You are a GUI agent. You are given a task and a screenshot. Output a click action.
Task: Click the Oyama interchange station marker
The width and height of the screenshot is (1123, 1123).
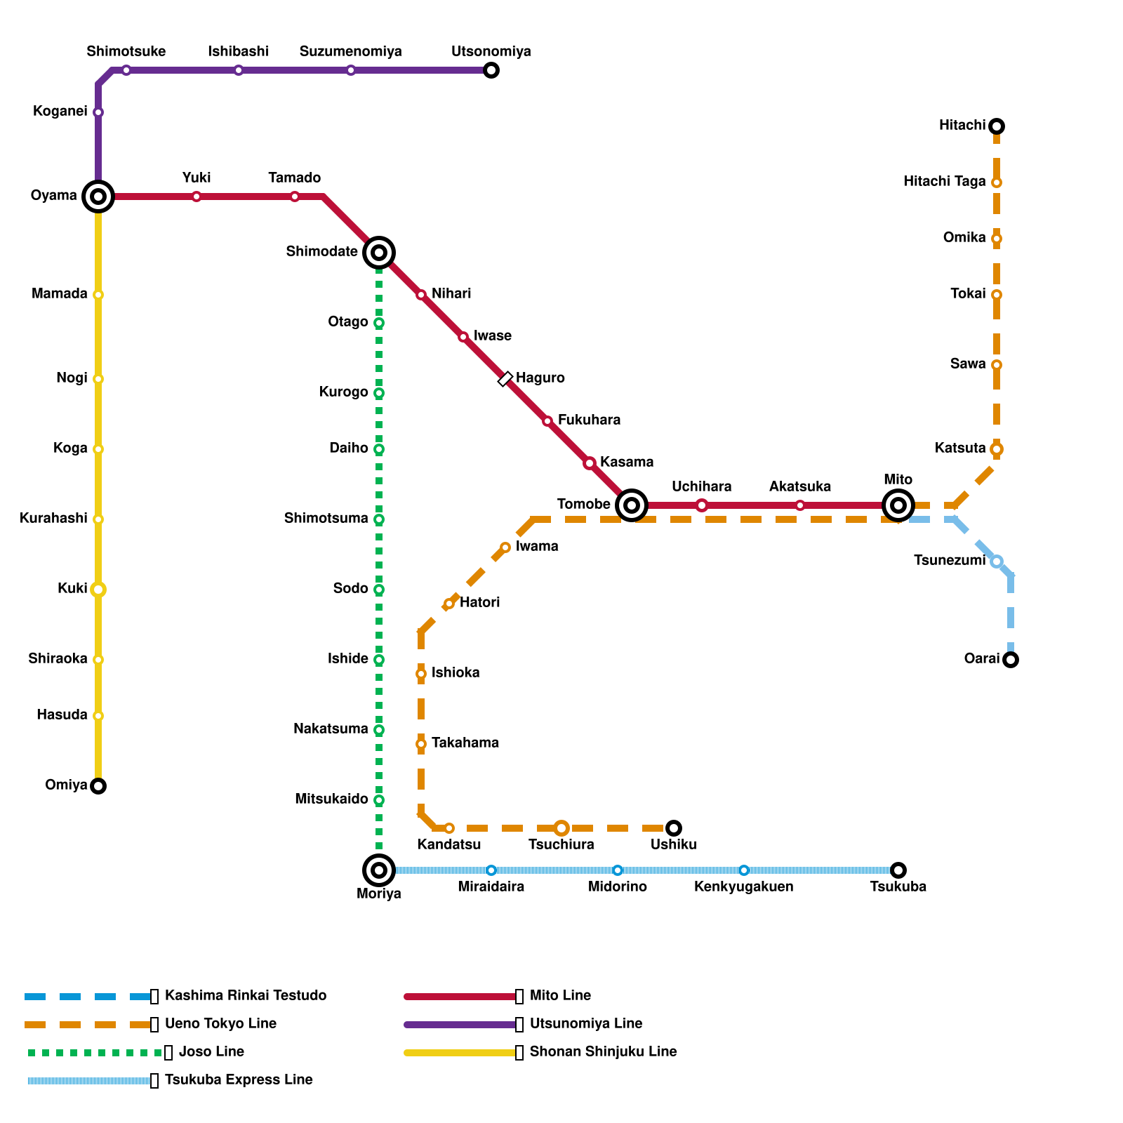(x=98, y=197)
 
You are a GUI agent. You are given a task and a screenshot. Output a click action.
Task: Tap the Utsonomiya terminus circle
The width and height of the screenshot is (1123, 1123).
(x=491, y=70)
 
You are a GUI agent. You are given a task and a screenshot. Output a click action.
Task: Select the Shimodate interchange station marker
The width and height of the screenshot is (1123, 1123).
(x=379, y=253)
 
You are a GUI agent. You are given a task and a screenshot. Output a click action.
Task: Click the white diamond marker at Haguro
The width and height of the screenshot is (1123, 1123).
(x=505, y=379)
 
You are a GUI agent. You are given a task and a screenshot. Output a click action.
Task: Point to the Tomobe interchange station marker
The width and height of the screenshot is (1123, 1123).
(x=632, y=505)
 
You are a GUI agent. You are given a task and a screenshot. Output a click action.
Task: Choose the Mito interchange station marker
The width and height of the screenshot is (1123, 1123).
(x=898, y=505)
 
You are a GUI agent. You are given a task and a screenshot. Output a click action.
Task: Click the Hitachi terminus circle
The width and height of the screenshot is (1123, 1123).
(x=997, y=126)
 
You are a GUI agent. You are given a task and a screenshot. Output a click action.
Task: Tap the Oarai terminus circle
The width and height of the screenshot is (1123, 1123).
(x=1011, y=660)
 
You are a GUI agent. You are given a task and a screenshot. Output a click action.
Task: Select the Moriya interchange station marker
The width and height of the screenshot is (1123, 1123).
(x=379, y=870)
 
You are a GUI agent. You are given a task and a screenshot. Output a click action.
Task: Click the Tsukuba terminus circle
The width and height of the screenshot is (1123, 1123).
(x=898, y=870)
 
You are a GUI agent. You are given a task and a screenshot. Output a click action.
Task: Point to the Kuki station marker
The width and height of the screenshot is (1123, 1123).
(x=98, y=590)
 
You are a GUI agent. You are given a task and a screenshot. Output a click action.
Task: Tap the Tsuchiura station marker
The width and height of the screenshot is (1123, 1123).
(x=561, y=828)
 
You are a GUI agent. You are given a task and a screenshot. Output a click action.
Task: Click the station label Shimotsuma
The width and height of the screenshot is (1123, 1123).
(x=326, y=519)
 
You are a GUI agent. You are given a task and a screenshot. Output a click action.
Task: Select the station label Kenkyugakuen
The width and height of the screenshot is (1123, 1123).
(x=743, y=887)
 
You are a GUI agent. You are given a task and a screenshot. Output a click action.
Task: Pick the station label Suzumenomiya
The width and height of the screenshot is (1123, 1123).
(x=350, y=52)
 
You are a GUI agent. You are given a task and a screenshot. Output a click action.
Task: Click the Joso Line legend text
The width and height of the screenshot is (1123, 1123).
(x=211, y=1052)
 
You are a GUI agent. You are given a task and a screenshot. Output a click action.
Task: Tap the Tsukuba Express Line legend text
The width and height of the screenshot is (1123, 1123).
(x=239, y=1080)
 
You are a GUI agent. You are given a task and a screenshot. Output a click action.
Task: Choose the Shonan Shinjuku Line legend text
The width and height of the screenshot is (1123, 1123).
(x=603, y=1052)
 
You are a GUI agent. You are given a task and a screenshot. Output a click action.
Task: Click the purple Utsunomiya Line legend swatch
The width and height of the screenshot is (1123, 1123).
(x=460, y=1025)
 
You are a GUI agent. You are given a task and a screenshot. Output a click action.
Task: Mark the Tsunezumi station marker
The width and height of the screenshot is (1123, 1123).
(x=997, y=561)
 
